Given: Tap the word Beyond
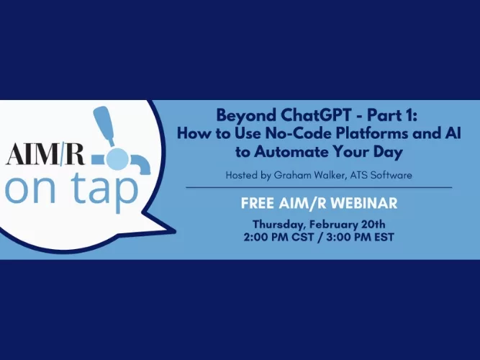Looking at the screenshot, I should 239,114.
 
